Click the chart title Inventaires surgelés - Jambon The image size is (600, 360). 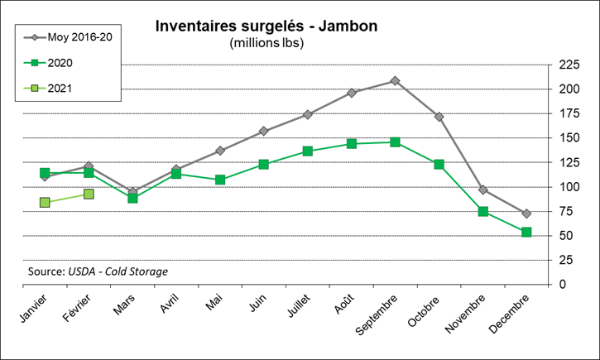266,26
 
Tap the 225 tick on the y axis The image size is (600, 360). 569,65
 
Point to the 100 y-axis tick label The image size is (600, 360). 569,187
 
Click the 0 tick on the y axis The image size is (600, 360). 563,285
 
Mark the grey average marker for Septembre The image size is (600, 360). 395,81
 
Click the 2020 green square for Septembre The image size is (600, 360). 395,142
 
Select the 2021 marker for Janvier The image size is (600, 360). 45,203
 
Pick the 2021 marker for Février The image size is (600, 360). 89,194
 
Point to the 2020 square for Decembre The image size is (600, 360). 526,233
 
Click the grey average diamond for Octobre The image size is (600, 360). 439,117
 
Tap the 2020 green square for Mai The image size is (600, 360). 220,180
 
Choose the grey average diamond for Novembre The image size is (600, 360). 482,190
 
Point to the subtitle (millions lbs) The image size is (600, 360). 266,43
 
